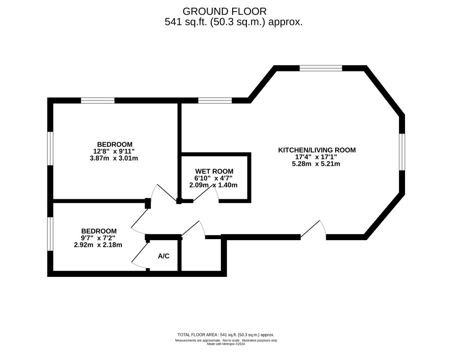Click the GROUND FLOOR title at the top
[x=224, y=11]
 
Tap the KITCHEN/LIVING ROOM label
[x=317, y=150]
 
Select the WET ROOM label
[x=214, y=171]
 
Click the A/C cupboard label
[x=164, y=255]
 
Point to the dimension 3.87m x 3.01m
[x=114, y=158]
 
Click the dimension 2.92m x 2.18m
[x=98, y=245]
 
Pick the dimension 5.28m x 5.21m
[x=316, y=164]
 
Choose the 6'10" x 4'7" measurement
[x=213, y=178]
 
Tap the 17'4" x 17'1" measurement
[x=316, y=157]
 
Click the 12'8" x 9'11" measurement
[x=114, y=151]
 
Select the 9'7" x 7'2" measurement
[x=98, y=238]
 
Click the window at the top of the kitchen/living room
[x=321, y=68]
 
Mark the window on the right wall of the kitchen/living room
[x=402, y=151]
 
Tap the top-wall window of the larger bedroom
[x=98, y=100]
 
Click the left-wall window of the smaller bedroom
[x=51, y=234]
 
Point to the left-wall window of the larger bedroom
[x=51, y=148]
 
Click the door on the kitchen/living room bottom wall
[x=313, y=230]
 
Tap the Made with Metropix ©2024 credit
[x=226, y=344]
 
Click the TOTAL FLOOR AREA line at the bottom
[x=225, y=335]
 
